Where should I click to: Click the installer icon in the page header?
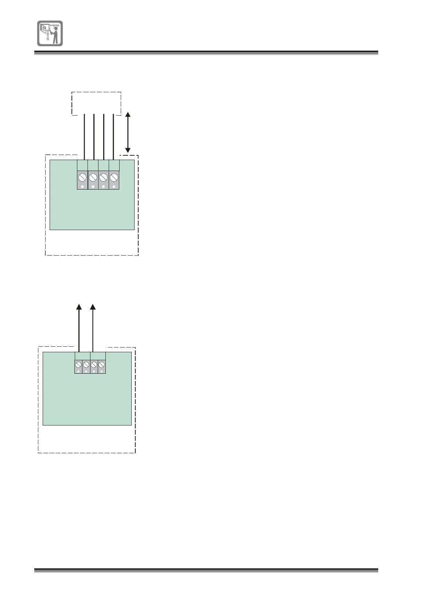[x=50, y=33]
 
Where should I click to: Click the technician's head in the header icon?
[x=55, y=28]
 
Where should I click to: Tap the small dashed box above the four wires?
[x=96, y=103]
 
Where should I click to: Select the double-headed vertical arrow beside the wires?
[x=128, y=132]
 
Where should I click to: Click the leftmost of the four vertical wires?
[x=85, y=137]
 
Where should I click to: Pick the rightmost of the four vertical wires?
[x=113, y=137]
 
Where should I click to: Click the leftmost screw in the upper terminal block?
[x=82, y=178]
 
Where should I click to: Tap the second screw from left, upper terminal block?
[x=93, y=178]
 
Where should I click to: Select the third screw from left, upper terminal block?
[x=104, y=178]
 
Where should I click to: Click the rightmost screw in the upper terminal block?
[x=114, y=178]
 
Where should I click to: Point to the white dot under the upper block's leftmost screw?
[x=82, y=187]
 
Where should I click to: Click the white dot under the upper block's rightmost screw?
[x=114, y=187]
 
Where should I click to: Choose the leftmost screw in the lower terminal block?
[x=78, y=364]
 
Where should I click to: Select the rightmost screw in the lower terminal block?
[x=101, y=364]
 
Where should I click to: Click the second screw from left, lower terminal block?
[x=86, y=364]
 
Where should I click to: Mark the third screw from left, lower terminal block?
[x=94, y=364]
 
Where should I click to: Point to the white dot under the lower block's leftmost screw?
[x=78, y=372]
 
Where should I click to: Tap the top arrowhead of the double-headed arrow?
[x=128, y=115]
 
